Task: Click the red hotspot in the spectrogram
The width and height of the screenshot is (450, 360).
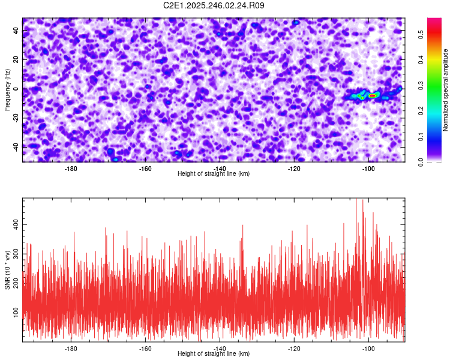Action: (x=372, y=95)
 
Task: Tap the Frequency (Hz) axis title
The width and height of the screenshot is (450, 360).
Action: (x=7, y=89)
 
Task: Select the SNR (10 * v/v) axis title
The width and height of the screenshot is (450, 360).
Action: (x=7, y=270)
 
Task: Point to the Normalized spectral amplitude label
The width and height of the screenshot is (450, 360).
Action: (x=446, y=89)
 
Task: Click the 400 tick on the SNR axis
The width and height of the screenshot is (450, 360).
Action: (x=14, y=223)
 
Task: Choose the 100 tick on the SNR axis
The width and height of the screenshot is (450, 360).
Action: (x=14, y=310)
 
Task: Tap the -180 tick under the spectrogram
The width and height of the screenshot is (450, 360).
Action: (x=71, y=169)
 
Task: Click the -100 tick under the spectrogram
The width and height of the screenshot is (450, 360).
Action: (x=368, y=169)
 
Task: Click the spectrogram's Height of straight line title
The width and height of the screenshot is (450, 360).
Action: (x=214, y=174)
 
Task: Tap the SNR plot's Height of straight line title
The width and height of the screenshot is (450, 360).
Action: (x=214, y=354)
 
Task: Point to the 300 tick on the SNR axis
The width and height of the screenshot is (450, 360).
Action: (x=14, y=255)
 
